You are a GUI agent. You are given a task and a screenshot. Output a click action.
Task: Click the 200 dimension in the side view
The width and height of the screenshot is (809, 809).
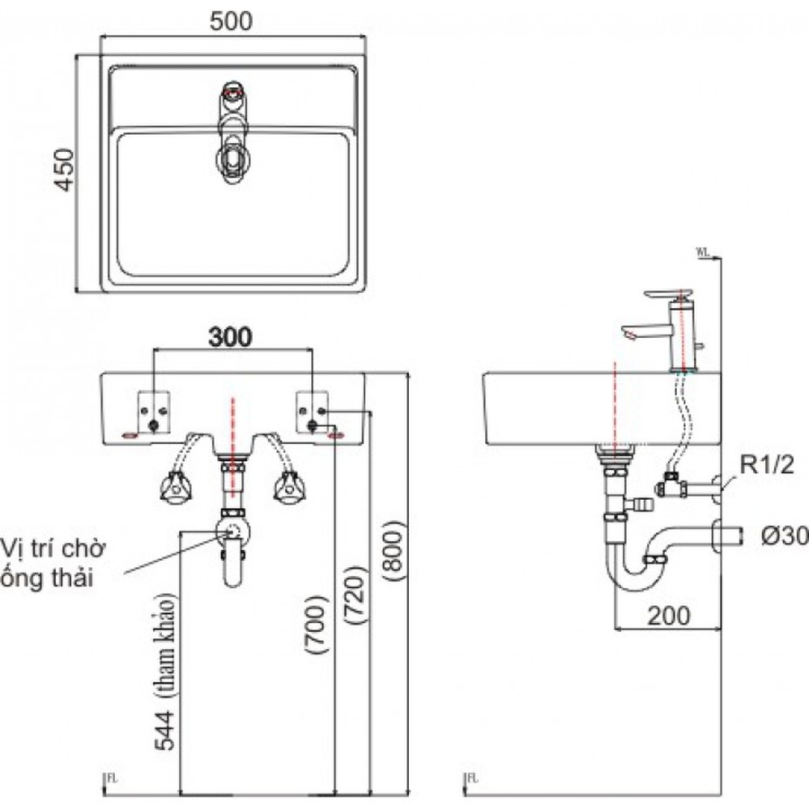pyautogui.click(x=666, y=616)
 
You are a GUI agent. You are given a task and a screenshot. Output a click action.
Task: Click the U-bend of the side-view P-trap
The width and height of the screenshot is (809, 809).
pyautogui.click(x=627, y=575)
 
